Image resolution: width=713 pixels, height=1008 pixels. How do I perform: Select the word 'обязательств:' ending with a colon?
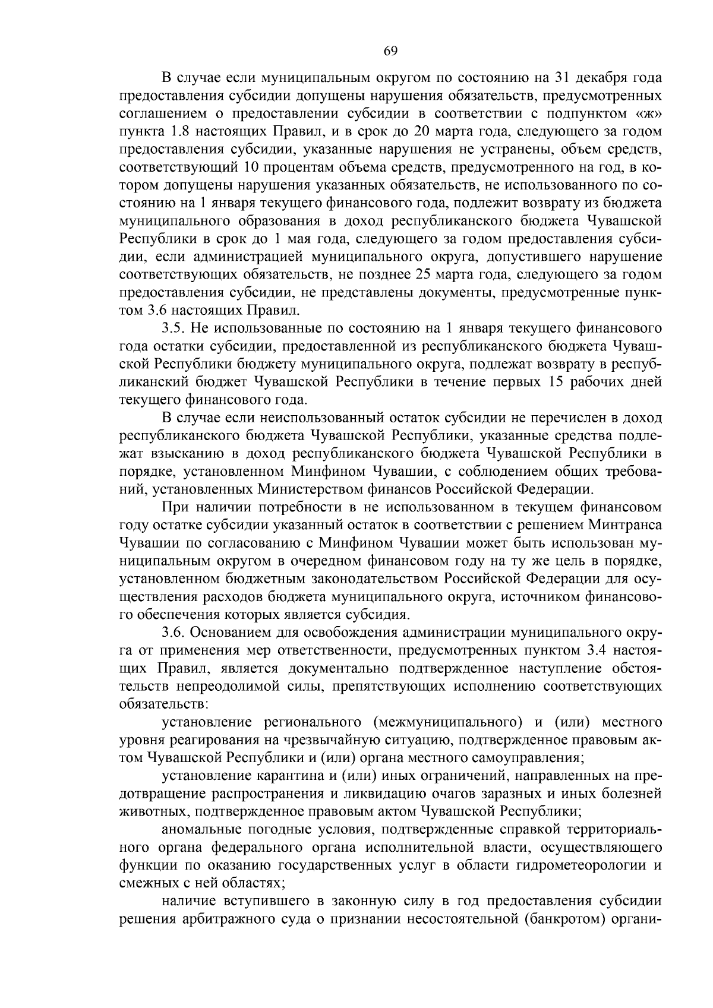click(163, 704)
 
